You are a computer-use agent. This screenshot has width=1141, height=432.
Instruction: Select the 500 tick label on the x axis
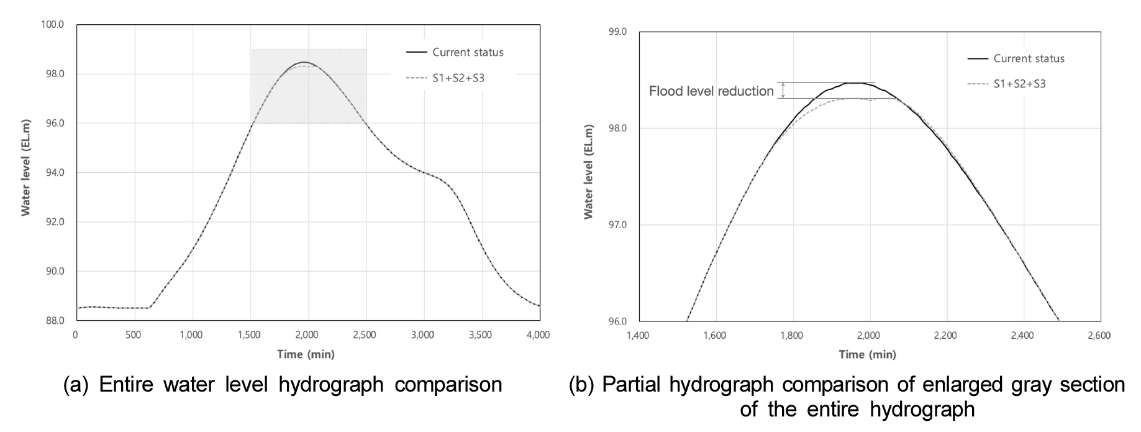[134, 335]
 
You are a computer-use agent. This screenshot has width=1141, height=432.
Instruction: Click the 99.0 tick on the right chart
[619, 32]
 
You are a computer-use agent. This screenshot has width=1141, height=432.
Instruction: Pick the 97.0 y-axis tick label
[619, 225]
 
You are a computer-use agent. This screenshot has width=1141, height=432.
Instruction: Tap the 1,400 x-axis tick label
[638, 336]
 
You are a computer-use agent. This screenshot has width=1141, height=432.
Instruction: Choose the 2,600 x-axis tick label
[1099, 336]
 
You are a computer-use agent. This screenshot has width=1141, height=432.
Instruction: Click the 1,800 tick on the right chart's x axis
[791, 336]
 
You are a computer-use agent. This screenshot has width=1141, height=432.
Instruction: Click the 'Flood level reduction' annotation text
[711, 91]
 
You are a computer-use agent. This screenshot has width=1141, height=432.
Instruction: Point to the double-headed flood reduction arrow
[783, 91]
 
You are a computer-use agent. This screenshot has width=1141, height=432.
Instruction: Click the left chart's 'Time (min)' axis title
[306, 354]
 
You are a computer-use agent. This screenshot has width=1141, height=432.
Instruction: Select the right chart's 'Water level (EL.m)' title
[588, 172]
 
